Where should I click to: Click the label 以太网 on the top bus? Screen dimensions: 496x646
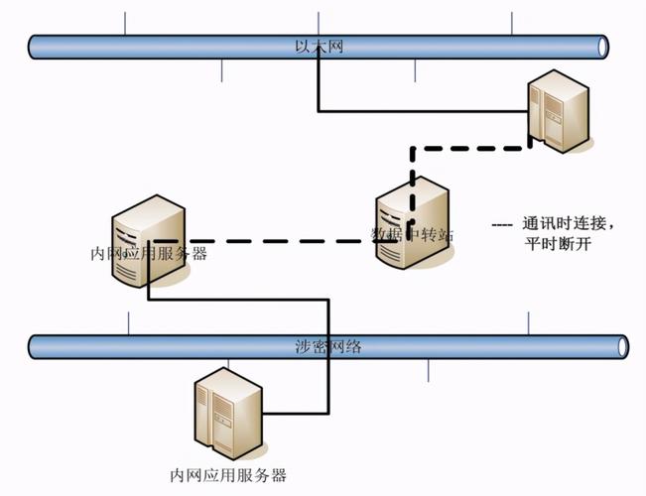click(x=320, y=47)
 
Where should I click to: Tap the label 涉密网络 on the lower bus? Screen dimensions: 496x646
click(x=323, y=346)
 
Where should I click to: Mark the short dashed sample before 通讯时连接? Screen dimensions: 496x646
click(x=502, y=224)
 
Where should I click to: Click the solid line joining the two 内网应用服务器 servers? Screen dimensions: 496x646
click(x=238, y=298)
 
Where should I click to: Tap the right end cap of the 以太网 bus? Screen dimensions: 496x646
click(x=602, y=47)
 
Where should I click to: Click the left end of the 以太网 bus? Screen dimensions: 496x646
click(x=34, y=47)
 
